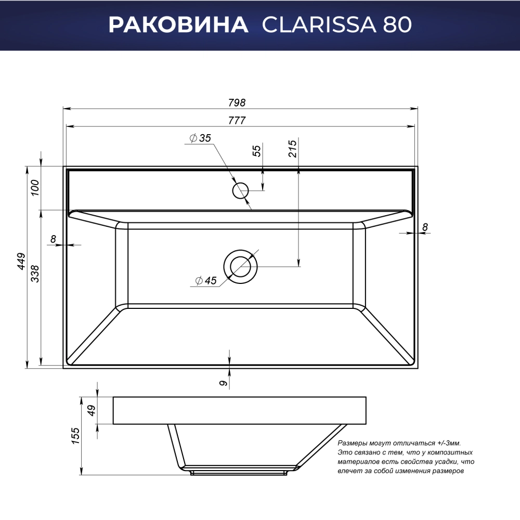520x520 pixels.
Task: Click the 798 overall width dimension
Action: [x=237, y=103]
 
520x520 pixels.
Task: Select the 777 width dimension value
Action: [x=237, y=121]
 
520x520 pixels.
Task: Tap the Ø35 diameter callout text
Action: [x=200, y=138]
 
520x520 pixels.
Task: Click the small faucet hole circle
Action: [x=240, y=191]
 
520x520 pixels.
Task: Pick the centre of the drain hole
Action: [x=240, y=267]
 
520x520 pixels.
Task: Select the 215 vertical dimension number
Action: [x=292, y=148]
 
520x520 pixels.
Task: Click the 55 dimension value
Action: [x=257, y=151]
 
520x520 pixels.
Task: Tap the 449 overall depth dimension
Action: [x=21, y=261]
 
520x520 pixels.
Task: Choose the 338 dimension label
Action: [x=35, y=274]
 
